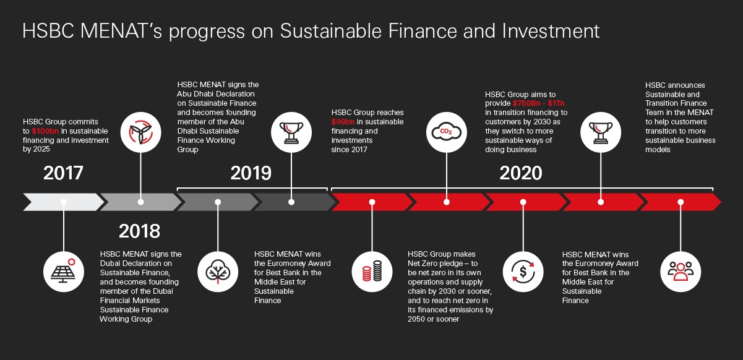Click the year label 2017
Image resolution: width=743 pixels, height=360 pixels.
click(63, 173)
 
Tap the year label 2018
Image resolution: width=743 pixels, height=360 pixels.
click(139, 231)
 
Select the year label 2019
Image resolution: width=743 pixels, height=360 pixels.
click(251, 173)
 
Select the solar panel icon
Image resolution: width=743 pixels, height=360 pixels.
click(64, 270)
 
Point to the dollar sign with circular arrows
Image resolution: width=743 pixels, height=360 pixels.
click(523, 270)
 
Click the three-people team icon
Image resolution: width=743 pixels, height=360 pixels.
click(681, 270)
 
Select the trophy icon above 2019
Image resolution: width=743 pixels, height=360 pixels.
click(293, 131)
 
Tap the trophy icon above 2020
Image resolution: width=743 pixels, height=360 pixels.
click(601, 131)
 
